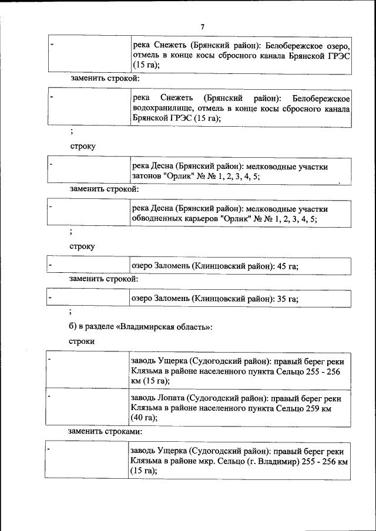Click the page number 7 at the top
tap(202, 26)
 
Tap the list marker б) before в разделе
tap(73, 326)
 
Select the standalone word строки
tap(82, 341)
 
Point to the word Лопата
tap(172, 397)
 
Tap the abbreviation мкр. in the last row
tap(204, 462)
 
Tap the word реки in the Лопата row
tap(333, 397)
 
